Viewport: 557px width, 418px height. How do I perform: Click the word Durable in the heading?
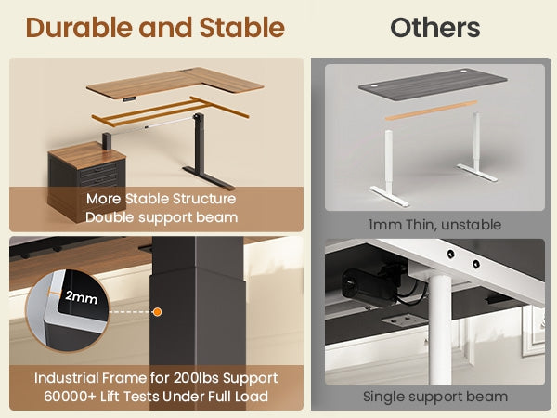tap(79, 28)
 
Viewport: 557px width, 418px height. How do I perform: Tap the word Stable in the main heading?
tap(242, 28)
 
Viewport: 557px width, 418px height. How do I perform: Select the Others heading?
tap(435, 28)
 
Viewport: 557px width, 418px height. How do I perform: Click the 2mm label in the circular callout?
tap(82, 297)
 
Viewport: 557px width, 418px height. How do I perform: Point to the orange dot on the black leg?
tap(157, 312)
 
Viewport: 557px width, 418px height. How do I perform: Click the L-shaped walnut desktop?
tap(175, 84)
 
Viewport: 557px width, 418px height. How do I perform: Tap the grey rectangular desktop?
tap(433, 85)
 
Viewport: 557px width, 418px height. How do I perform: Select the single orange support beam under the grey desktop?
tap(432, 111)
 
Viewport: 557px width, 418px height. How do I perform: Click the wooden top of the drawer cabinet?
tap(87, 154)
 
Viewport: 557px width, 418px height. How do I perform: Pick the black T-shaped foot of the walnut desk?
tap(209, 177)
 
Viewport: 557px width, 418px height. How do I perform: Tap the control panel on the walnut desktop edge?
tap(129, 99)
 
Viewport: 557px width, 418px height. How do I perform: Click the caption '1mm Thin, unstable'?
tap(434, 225)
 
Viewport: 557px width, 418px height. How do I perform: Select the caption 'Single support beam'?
tap(435, 397)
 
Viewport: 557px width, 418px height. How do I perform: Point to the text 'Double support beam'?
tap(162, 217)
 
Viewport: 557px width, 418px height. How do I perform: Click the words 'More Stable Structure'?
tap(161, 199)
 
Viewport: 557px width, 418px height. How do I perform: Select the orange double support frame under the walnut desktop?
tap(170, 111)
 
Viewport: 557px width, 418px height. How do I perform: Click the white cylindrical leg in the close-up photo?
tap(440, 330)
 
